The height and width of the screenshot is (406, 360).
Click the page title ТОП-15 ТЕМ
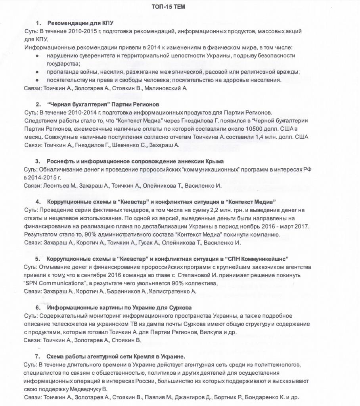pyautogui.click(x=168, y=7)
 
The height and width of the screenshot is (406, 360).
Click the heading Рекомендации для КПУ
pyautogui.click(x=80, y=23)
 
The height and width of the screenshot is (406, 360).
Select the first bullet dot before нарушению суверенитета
pyautogui.click(x=37, y=56)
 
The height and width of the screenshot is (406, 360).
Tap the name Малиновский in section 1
pyautogui.click(x=166, y=88)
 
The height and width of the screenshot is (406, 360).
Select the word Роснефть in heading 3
pyautogui.click(x=60, y=161)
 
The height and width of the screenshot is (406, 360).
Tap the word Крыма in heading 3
pyautogui.click(x=214, y=161)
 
